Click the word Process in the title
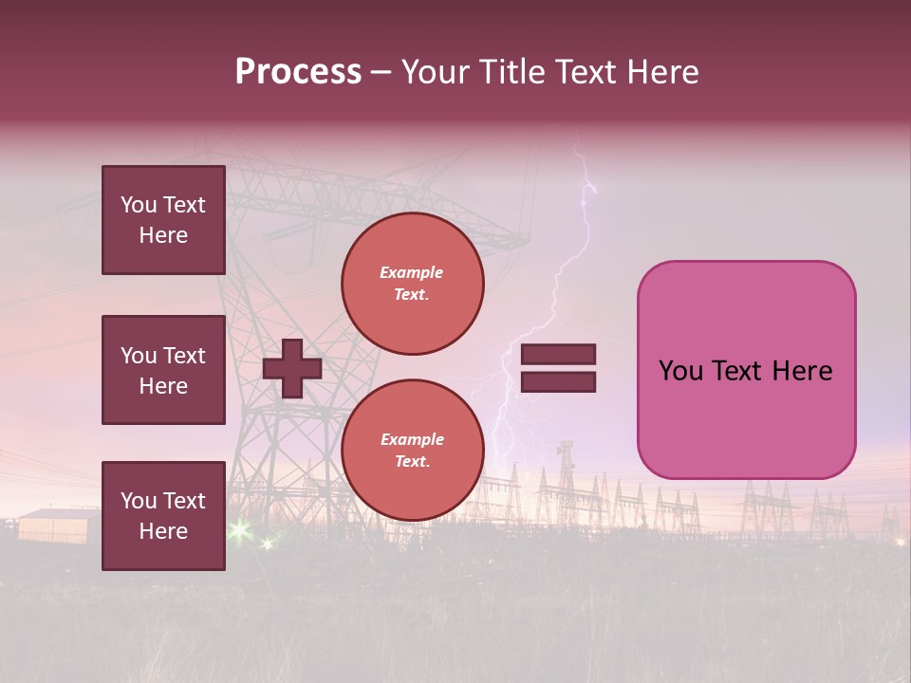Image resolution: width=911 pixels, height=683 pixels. pyautogui.click(x=298, y=72)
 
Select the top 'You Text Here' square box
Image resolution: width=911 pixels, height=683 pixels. pyautogui.click(x=163, y=220)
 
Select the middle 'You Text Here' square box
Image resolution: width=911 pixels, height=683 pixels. pyautogui.click(x=163, y=370)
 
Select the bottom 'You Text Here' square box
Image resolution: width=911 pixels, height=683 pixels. pyautogui.click(x=163, y=516)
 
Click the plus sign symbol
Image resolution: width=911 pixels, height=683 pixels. pyautogui.click(x=292, y=368)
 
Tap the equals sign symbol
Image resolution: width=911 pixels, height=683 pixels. pyautogui.click(x=558, y=368)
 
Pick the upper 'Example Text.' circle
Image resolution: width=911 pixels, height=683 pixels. pyautogui.click(x=412, y=284)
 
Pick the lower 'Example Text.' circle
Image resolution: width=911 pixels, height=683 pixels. pyautogui.click(x=412, y=451)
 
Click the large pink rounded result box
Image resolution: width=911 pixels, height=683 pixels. pyautogui.click(x=746, y=370)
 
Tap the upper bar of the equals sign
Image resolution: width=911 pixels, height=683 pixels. pyautogui.click(x=558, y=355)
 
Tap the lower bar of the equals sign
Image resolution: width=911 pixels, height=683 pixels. pyautogui.click(x=558, y=381)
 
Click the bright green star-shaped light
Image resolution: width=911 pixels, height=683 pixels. pyautogui.click(x=238, y=529)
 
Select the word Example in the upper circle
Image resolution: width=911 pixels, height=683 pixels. pyautogui.click(x=412, y=272)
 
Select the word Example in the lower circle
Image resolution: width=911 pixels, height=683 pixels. pyautogui.click(x=412, y=439)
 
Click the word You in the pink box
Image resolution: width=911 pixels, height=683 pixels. pyautogui.click(x=680, y=371)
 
